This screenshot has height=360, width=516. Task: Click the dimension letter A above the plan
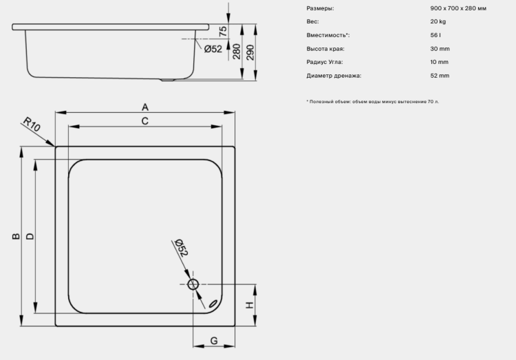tap(145, 107)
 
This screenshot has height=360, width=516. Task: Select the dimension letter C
tap(144, 121)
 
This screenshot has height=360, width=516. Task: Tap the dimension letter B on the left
tap(16, 236)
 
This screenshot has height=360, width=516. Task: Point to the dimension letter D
tap(30, 236)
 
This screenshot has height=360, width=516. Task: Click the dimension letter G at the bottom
tap(214, 341)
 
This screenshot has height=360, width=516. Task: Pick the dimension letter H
tap(250, 305)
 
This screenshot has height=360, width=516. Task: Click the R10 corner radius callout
tap(32, 124)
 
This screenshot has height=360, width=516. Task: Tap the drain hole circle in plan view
tap(193, 284)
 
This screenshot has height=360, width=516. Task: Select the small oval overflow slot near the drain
tap(213, 304)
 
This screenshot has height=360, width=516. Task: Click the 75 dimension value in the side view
tap(223, 31)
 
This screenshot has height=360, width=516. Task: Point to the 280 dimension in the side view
tap(237, 52)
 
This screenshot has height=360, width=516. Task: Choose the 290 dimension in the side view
tap(250, 52)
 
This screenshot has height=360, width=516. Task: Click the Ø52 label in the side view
tap(213, 49)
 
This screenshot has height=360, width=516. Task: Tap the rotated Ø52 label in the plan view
tap(181, 247)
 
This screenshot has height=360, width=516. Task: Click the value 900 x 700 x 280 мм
tap(458, 8)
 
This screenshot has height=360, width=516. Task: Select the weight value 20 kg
tap(438, 21)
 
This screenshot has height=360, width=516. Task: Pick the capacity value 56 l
tap(436, 35)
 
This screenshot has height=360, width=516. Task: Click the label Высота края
tap(325, 49)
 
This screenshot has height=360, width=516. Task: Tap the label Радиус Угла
tap(325, 62)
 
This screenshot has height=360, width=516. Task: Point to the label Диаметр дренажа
tap(334, 76)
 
